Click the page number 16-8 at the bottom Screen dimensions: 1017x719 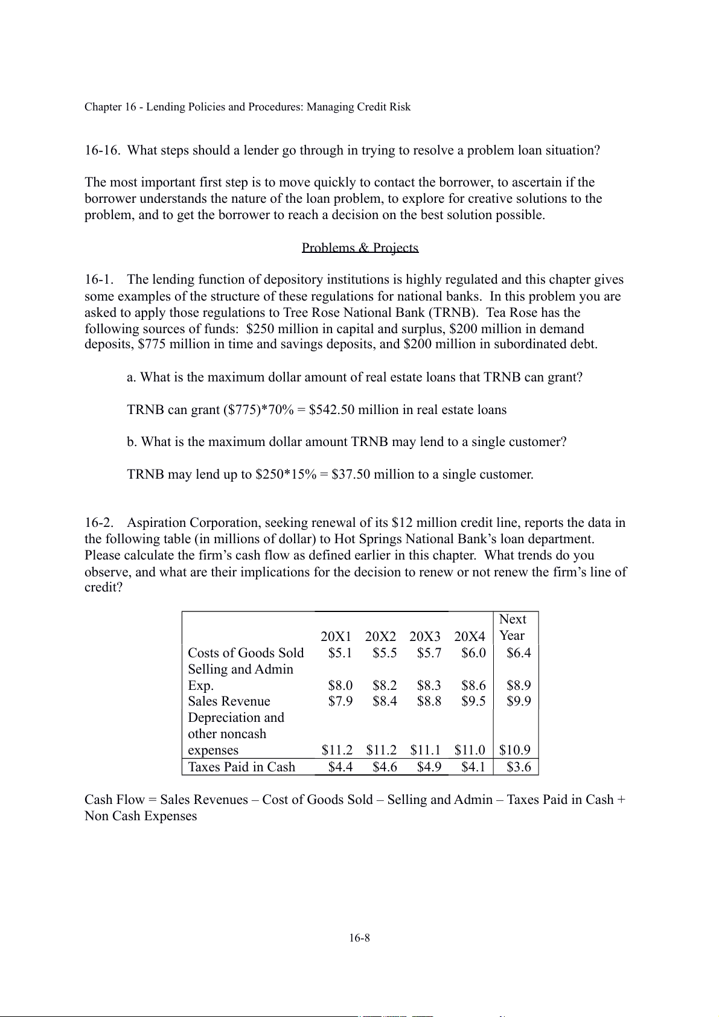pyautogui.click(x=359, y=938)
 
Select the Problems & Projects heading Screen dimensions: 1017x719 pyautogui.click(x=360, y=247)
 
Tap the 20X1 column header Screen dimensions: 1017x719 pyautogui.click(x=336, y=636)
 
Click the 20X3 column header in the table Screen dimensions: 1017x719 pyautogui.click(x=425, y=636)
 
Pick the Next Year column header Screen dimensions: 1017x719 pyautogui.click(x=513, y=628)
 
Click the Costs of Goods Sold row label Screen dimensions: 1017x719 pyautogui.click(x=246, y=652)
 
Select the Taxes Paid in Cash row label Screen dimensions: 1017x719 pyautogui.click(x=241, y=767)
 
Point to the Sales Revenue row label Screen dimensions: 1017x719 pyautogui.click(x=229, y=701)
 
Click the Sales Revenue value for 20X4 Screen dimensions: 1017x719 pyautogui.click(x=473, y=701)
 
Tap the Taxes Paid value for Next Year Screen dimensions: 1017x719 pyautogui.click(x=519, y=767)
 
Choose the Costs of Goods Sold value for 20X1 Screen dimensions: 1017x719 pyautogui.click(x=340, y=652)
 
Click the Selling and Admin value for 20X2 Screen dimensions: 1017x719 pyautogui.click(x=385, y=685)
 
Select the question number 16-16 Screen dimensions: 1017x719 pyautogui.click(x=102, y=150)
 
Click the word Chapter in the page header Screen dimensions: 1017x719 pyautogui.click(x=103, y=107)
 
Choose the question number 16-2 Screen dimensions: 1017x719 pyautogui.click(x=99, y=523)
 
